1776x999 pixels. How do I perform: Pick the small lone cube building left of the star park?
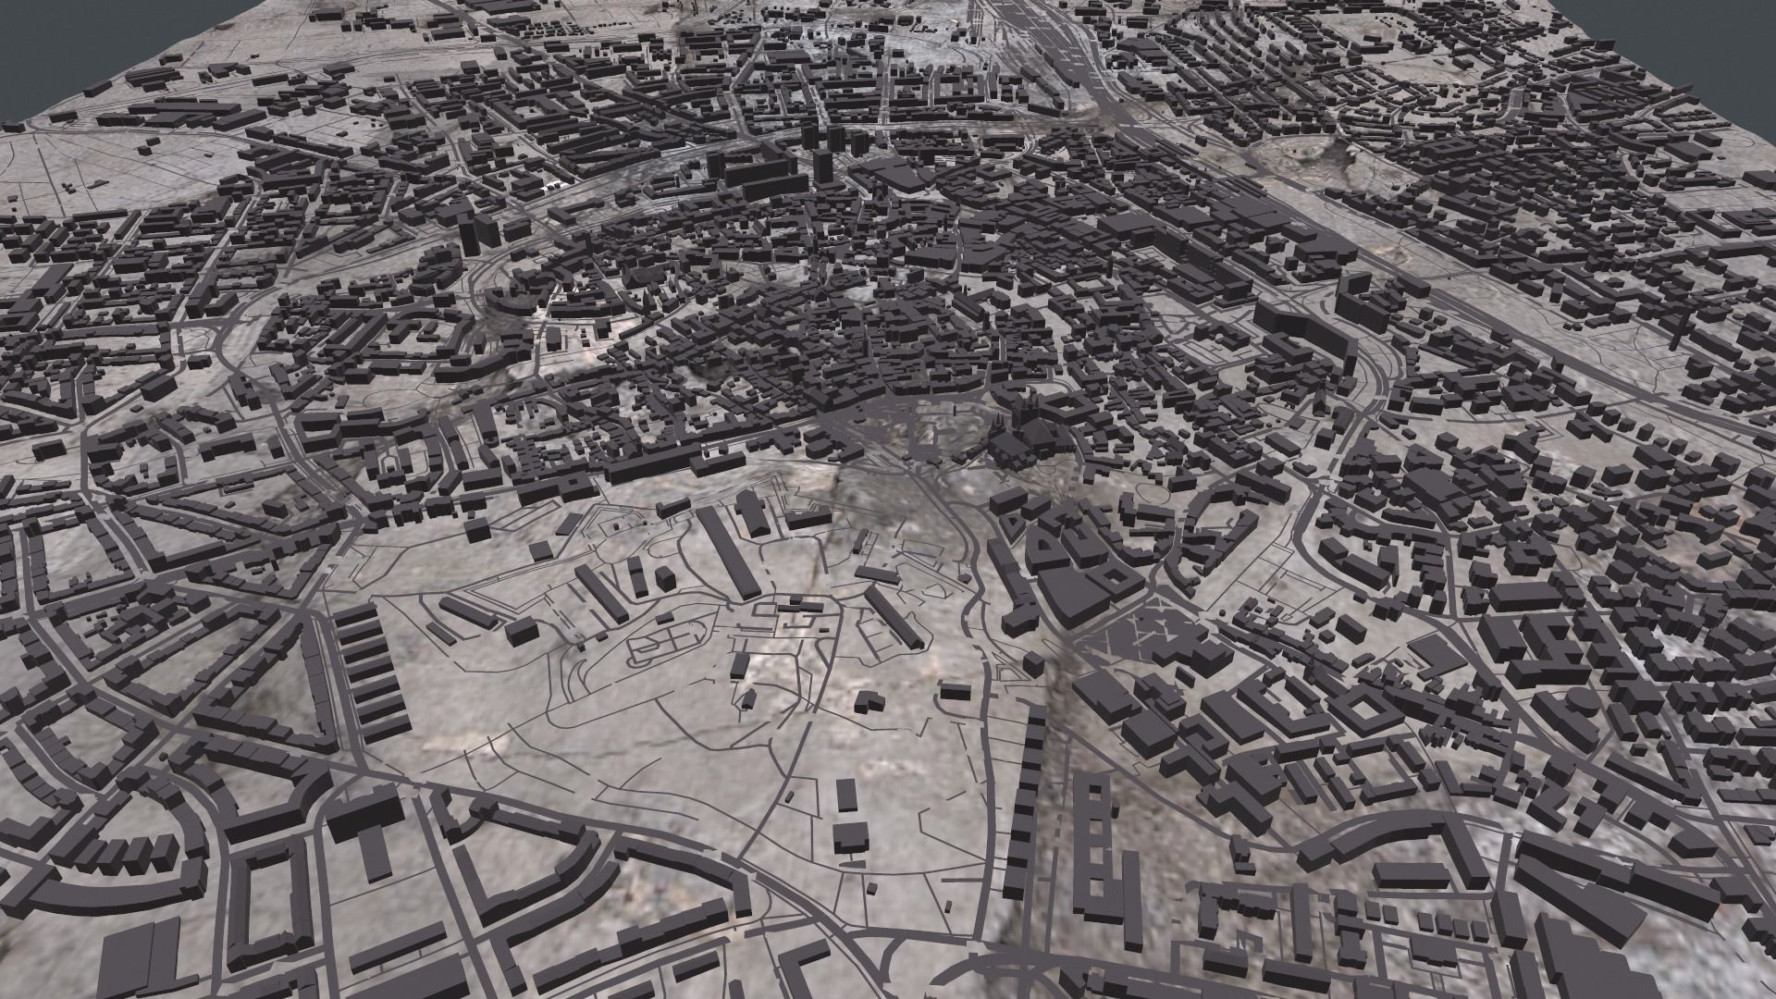1032,665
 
